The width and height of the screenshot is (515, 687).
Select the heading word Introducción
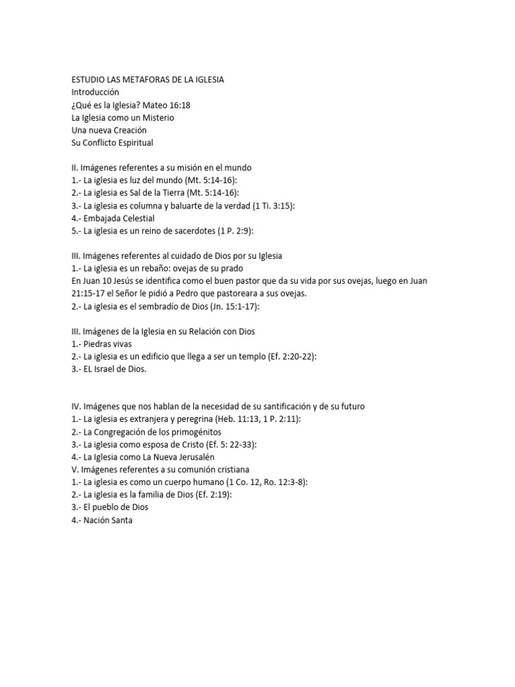point(95,92)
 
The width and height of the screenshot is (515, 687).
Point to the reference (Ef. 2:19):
point(221,495)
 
